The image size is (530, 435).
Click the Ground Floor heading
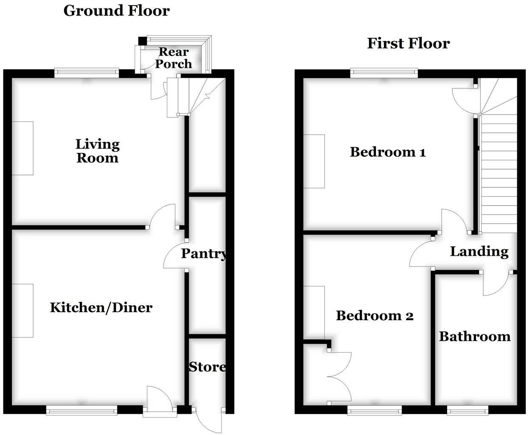click(116, 11)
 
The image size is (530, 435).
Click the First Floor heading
click(408, 43)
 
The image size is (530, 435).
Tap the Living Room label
click(98, 151)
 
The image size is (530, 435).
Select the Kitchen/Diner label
click(101, 307)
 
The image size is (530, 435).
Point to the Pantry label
click(203, 254)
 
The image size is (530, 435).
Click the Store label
click(207, 367)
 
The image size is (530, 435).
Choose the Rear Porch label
click(173, 58)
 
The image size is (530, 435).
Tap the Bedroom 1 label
click(387, 152)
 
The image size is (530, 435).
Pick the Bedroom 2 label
click(374, 315)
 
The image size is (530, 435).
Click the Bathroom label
click(474, 336)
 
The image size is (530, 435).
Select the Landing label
click(479, 251)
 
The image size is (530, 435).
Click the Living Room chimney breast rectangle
click(23, 148)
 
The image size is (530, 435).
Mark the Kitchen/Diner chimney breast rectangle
click(23, 311)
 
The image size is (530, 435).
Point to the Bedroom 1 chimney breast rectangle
click(314, 161)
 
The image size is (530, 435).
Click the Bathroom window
click(467, 410)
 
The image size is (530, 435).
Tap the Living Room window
click(87, 73)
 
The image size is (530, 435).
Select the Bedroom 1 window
click(384, 73)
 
